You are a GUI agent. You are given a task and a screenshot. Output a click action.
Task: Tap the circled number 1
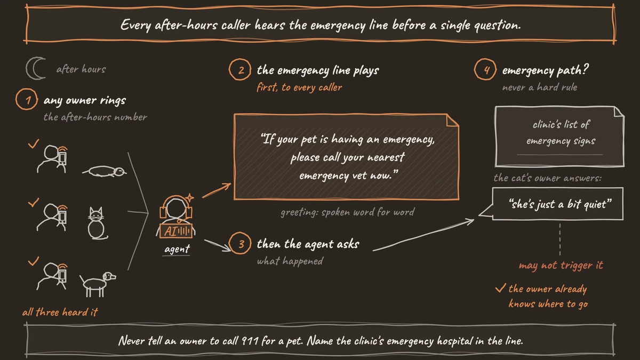27,99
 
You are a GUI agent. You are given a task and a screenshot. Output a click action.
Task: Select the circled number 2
240,69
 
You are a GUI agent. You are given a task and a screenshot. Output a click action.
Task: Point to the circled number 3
240,243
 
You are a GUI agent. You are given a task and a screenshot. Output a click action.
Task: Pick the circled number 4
485,69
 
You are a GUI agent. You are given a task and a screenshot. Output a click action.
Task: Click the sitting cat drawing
97,223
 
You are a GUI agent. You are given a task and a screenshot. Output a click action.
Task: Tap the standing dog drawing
98,284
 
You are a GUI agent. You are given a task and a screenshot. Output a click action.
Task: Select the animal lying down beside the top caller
105,171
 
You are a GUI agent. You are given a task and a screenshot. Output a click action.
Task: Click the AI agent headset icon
176,217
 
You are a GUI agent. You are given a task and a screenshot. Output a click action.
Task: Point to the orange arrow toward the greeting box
217,190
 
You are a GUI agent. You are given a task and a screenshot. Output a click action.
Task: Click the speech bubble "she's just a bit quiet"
557,204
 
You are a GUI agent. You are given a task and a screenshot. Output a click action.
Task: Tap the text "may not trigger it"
561,266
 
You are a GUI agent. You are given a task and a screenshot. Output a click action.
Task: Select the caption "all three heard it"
60,312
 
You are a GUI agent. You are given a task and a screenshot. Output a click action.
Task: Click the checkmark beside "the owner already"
501,288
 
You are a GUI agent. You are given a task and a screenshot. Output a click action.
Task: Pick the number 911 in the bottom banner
250,341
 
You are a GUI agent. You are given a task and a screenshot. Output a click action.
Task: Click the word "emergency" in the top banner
338,26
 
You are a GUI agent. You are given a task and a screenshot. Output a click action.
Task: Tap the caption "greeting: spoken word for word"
347,212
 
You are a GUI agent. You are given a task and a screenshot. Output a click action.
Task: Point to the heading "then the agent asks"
308,244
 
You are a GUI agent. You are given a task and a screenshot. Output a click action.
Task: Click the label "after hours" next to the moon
81,69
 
